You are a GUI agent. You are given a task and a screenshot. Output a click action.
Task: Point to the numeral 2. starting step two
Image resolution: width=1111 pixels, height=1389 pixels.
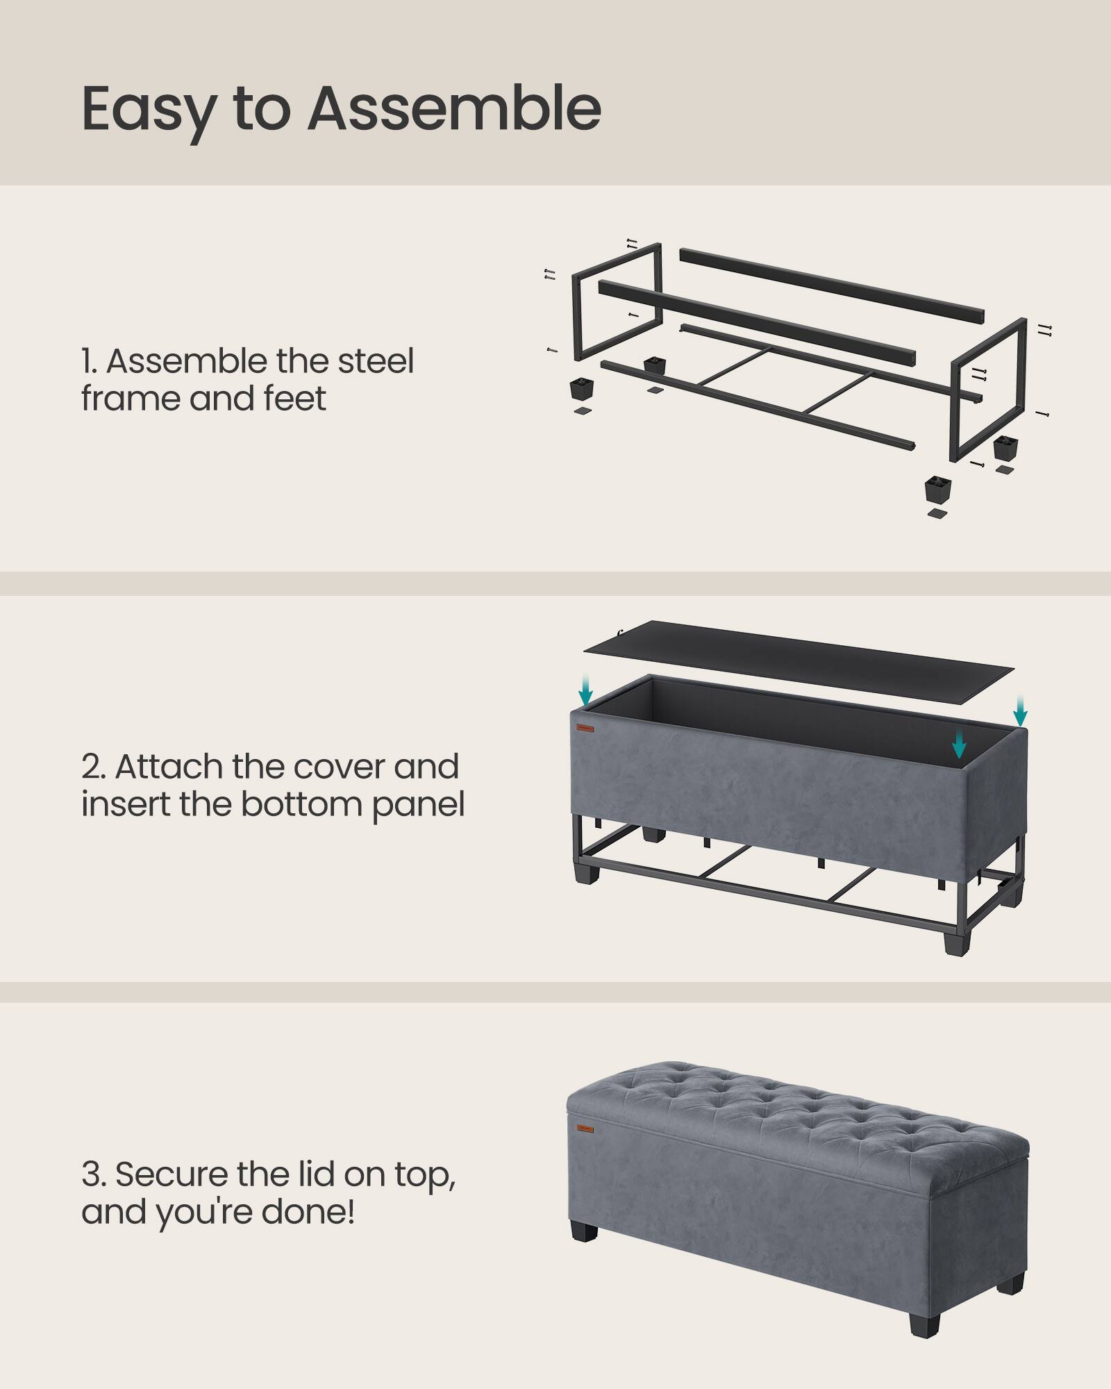pyautogui.click(x=93, y=767)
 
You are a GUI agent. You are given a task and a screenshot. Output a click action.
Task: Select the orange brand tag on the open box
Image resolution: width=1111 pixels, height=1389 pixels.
pyautogui.click(x=585, y=729)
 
